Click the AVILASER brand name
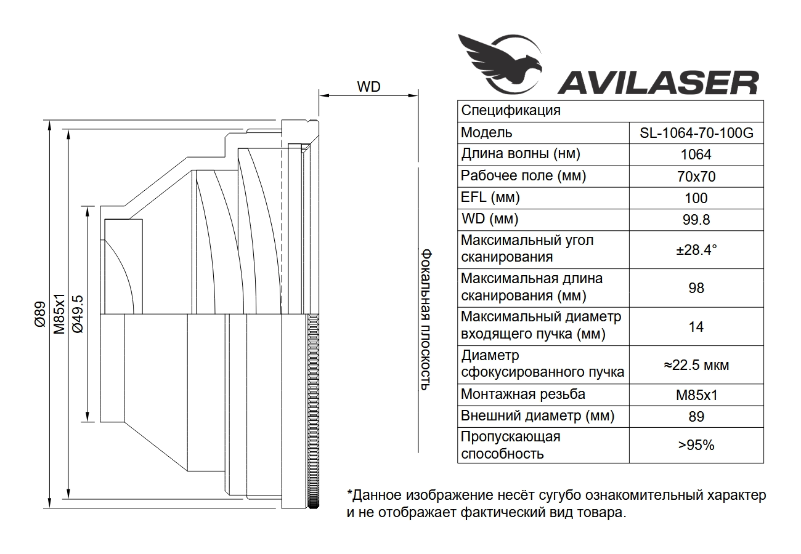(657, 82)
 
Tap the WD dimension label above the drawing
(368, 87)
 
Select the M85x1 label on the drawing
(59, 315)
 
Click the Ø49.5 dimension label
(78, 315)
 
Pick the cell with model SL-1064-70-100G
(696, 133)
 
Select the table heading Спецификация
(511, 111)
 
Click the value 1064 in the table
(696, 155)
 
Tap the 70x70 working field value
(696, 177)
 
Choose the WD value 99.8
(696, 220)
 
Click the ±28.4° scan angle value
(696, 250)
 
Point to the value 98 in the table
(696, 288)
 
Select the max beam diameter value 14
(696, 327)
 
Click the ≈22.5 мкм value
(696, 365)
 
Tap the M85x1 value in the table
(696, 395)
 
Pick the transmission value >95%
(696, 445)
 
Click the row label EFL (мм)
(490, 198)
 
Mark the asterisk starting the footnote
(350, 494)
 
